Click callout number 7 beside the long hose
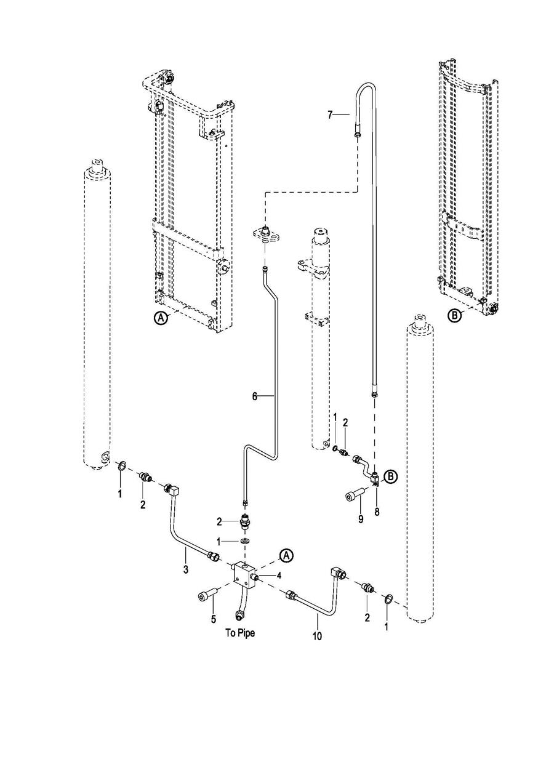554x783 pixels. tap(331, 114)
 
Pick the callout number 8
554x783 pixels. tap(377, 512)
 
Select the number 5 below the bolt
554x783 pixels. tap(213, 619)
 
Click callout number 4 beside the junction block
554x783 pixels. tap(279, 576)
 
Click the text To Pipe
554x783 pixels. tap(240, 633)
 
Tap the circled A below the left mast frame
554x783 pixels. tap(161, 318)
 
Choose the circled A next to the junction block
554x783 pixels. tap(286, 555)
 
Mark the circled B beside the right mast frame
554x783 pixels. tap(454, 316)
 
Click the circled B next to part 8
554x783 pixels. tap(390, 476)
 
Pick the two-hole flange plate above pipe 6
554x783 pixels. tap(267, 235)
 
